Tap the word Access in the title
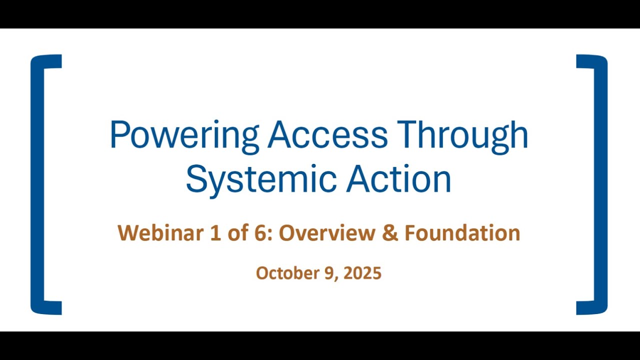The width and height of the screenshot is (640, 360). pos(327,135)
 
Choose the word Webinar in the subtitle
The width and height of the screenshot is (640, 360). pos(160,233)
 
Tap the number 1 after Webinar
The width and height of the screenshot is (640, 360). pos(215,233)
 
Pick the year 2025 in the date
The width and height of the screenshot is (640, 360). pos(363,273)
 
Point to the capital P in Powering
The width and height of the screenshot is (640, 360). pos(118,135)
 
